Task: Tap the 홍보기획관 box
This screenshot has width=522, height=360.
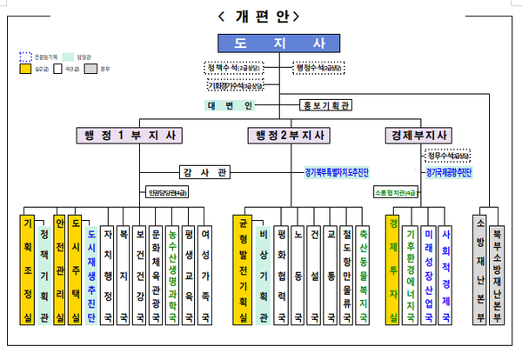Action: [327, 106]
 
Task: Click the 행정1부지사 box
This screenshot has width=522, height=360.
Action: [129, 135]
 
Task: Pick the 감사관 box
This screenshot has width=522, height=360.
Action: [204, 173]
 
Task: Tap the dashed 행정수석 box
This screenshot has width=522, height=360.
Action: [319, 67]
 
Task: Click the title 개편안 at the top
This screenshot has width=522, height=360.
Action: [261, 16]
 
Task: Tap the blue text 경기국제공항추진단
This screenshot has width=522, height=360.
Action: [448, 173]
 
